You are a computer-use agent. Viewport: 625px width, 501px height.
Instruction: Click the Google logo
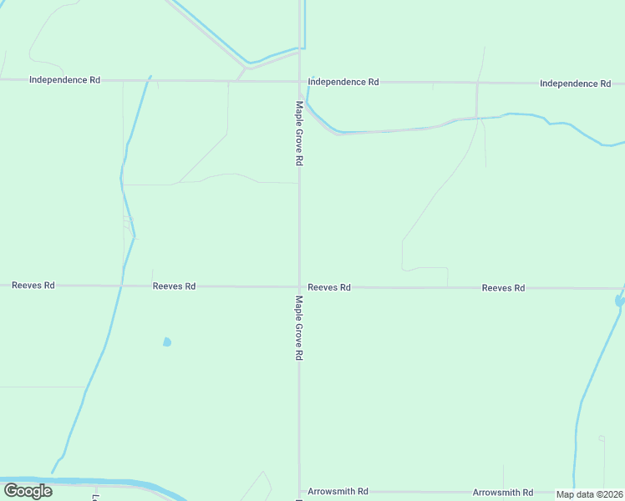[x=28, y=491]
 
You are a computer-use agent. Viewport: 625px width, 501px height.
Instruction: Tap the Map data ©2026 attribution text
[x=590, y=494]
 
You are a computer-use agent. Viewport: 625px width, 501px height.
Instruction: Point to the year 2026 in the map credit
[x=612, y=494]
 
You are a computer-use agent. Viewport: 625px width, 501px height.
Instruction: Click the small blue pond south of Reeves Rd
[x=167, y=342]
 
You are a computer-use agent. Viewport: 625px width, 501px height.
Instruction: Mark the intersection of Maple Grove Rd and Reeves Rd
[x=300, y=287]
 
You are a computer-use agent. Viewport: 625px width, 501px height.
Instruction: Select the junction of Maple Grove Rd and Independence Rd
[x=300, y=82]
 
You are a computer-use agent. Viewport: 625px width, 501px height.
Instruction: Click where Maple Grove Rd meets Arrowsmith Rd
[x=300, y=492]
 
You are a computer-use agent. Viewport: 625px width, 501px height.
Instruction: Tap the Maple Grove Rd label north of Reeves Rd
[x=298, y=134]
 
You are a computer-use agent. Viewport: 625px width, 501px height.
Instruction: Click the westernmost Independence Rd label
[x=64, y=80]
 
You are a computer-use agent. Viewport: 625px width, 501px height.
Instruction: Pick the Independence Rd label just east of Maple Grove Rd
[x=343, y=82]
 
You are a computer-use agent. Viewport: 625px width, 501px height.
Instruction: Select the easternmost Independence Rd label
[x=575, y=83]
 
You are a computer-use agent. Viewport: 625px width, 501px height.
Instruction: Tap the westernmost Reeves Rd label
[x=33, y=286]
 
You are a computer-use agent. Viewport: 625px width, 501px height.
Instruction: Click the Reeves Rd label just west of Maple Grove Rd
[x=174, y=286]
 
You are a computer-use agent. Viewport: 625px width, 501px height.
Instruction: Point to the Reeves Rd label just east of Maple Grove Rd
[x=329, y=287]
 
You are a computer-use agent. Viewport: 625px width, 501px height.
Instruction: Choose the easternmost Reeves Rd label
[x=503, y=288]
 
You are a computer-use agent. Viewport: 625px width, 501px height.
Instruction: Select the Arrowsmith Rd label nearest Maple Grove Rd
[x=338, y=492]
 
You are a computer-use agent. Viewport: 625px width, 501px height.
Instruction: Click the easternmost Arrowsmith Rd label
[x=503, y=493]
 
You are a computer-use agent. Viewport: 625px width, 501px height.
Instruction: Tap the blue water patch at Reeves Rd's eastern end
[x=620, y=298]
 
